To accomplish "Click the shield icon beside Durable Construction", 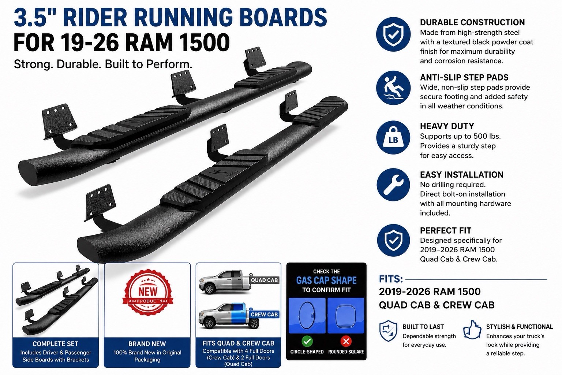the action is pyautogui.click(x=393, y=34).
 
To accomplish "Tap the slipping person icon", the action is pyautogui.click(x=393, y=88).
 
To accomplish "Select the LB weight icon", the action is pyautogui.click(x=393, y=138).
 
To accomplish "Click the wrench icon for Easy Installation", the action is pyautogui.click(x=393, y=185).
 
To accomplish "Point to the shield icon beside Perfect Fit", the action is pyautogui.click(x=393, y=240).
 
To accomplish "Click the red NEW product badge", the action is pyautogui.click(x=147, y=292).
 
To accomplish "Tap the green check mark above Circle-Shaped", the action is pyautogui.click(x=307, y=341).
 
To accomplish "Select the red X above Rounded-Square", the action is pyautogui.click(x=346, y=341).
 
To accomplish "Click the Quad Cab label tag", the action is pyautogui.click(x=264, y=280).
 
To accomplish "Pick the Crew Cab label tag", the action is pyautogui.click(x=264, y=314).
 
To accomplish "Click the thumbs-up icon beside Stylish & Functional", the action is pyautogui.click(x=472, y=330).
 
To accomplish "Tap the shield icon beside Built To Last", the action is pyautogui.click(x=388, y=331).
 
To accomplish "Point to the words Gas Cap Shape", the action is pyautogui.click(x=326, y=280).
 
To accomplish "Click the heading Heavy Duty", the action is pyautogui.click(x=447, y=126).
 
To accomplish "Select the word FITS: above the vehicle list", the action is pyautogui.click(x=391, y=279).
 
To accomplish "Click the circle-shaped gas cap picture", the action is pyautogui.click(x=307, y=315).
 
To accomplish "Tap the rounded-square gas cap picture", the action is pyautogui.click(x=346, y=315).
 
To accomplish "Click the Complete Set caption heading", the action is pyautogui.click(x=56, y=344).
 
